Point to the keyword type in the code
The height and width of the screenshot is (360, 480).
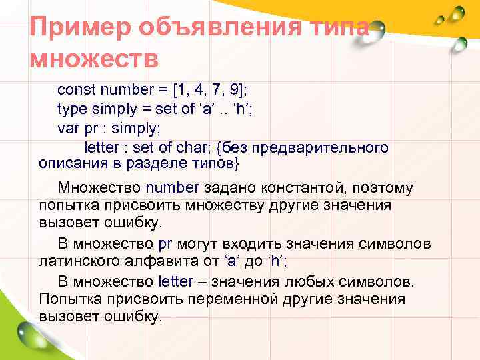(x=71, y=108)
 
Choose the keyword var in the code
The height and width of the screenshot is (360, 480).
(x=67, y=127)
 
